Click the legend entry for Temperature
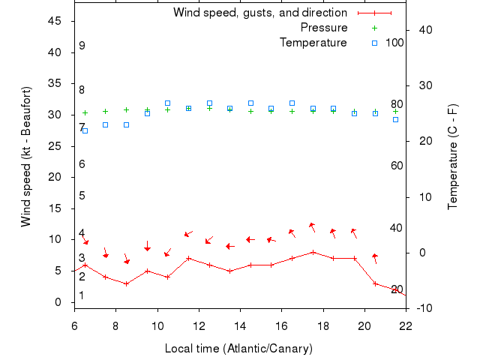313,43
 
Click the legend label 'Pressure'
323,28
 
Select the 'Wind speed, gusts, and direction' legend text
259,13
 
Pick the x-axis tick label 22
406,325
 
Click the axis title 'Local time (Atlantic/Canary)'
239,349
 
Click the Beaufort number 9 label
82,46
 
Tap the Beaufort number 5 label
82,196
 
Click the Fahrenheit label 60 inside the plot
397,166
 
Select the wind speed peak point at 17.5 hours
313,252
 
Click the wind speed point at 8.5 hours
127,283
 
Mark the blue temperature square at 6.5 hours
85,130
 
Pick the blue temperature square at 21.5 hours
395,119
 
